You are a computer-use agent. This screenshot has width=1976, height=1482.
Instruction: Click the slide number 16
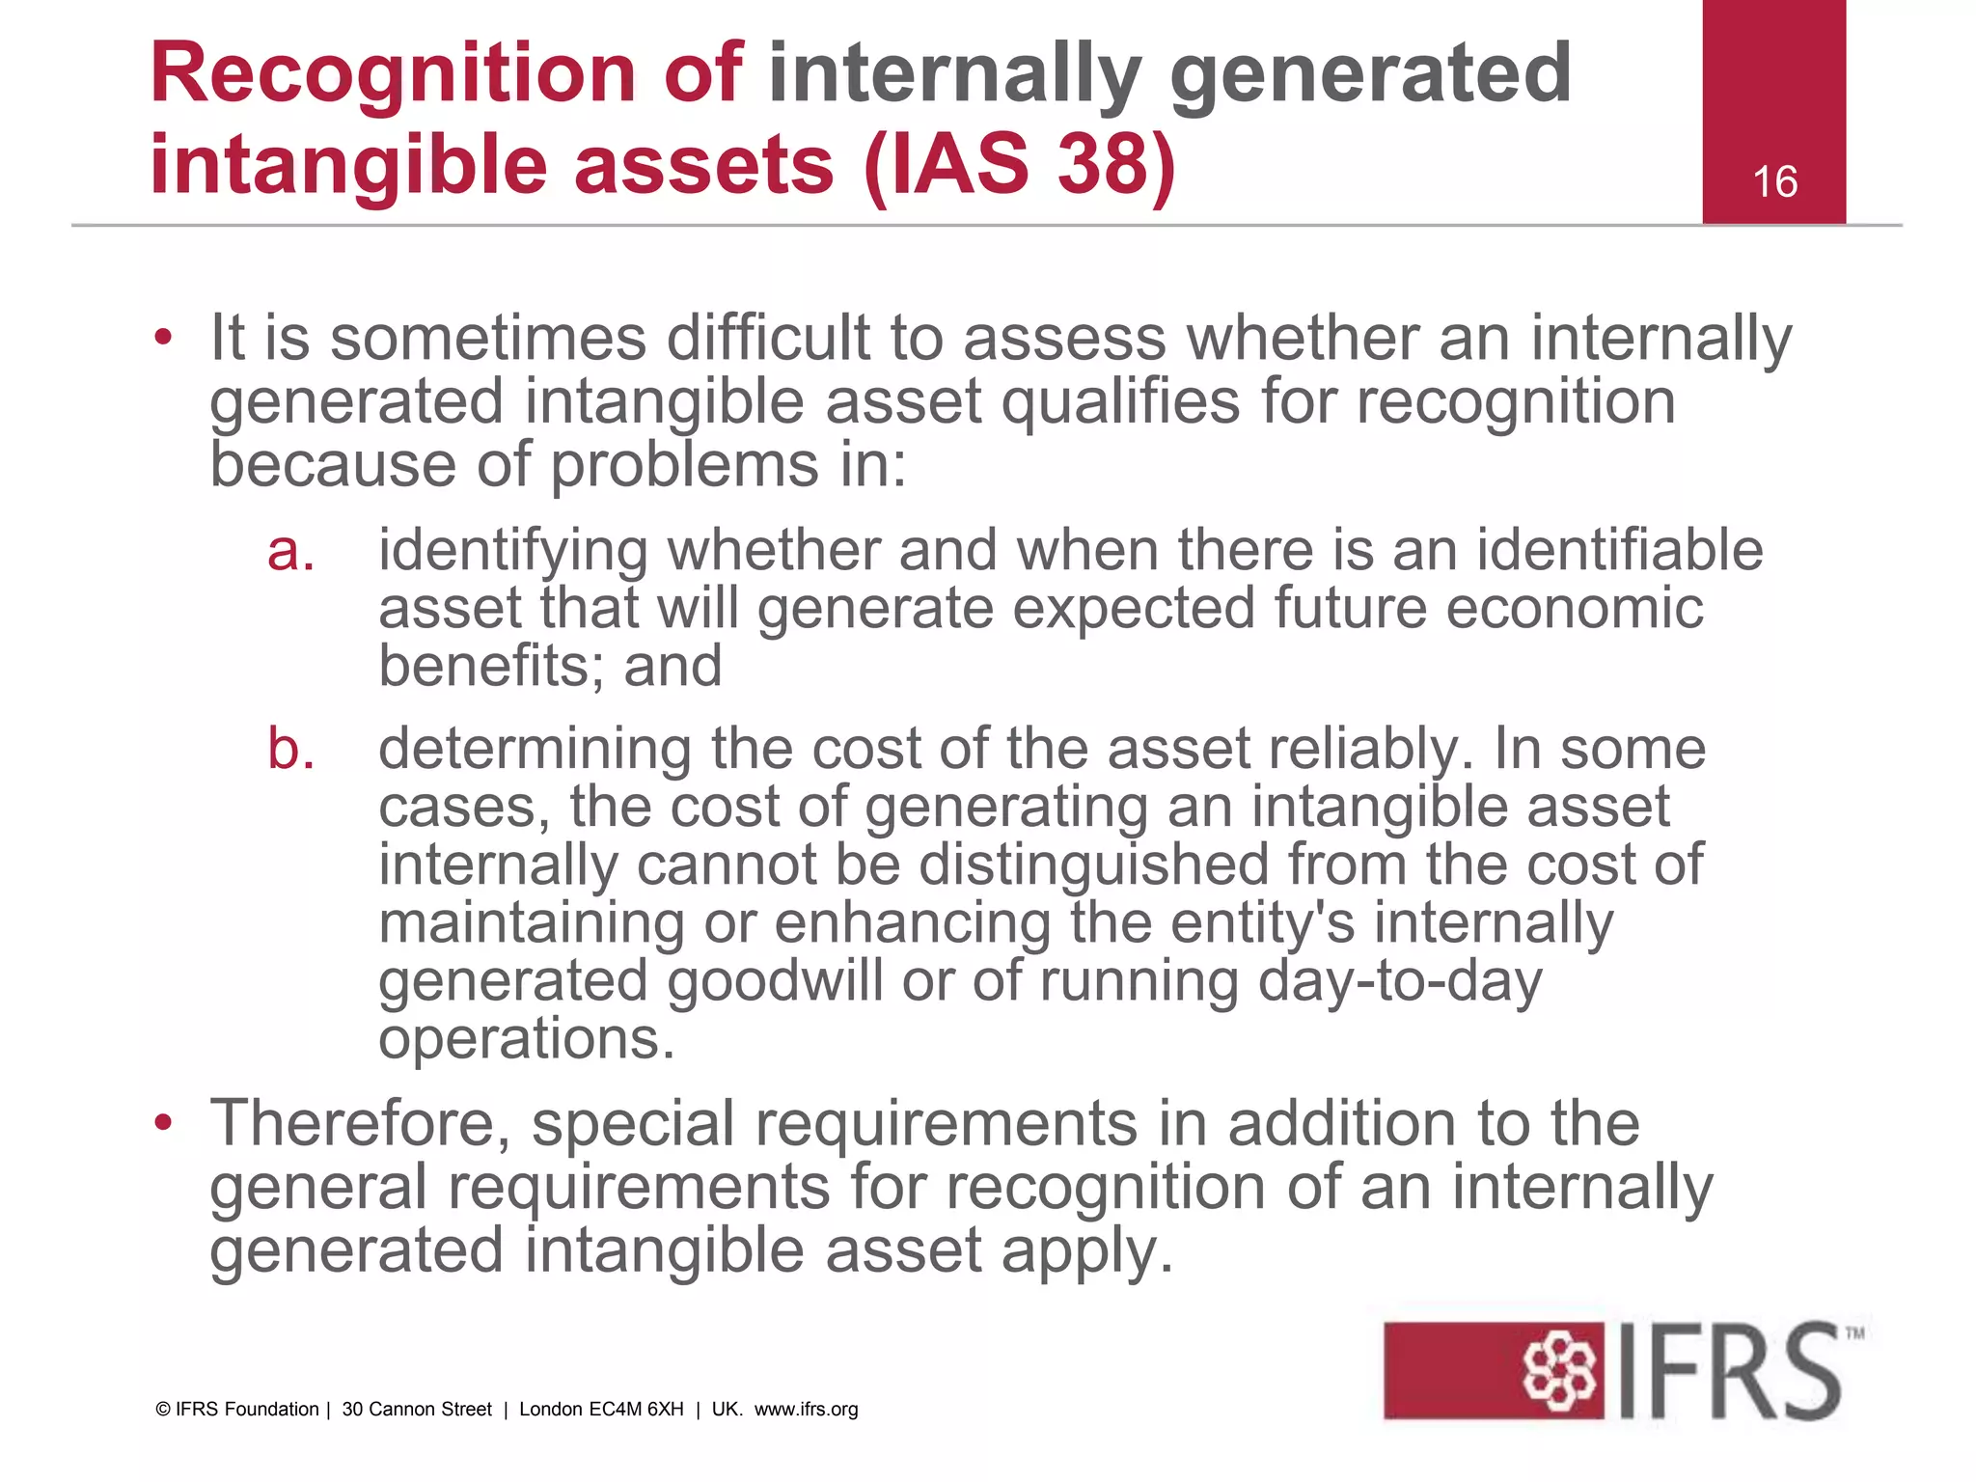point(1774,182)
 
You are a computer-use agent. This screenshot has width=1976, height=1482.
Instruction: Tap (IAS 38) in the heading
point(1020,164)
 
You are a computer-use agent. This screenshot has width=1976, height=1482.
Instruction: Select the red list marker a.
point(290,552)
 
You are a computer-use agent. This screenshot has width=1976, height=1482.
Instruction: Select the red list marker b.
point(290,750)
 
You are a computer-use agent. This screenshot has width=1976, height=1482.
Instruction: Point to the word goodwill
point(775,981)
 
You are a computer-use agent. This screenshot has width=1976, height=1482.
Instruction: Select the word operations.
point(526,1040)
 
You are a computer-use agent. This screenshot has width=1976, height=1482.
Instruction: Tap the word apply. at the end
point(1087,1251)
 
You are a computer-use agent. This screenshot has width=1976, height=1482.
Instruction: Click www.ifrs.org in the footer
point(806,1410)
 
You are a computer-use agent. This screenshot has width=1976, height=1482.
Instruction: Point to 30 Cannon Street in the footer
point(417,1410)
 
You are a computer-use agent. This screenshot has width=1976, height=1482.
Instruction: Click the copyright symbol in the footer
point(163,1410)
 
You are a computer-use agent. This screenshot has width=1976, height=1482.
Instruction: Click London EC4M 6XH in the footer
point(601,1410)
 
